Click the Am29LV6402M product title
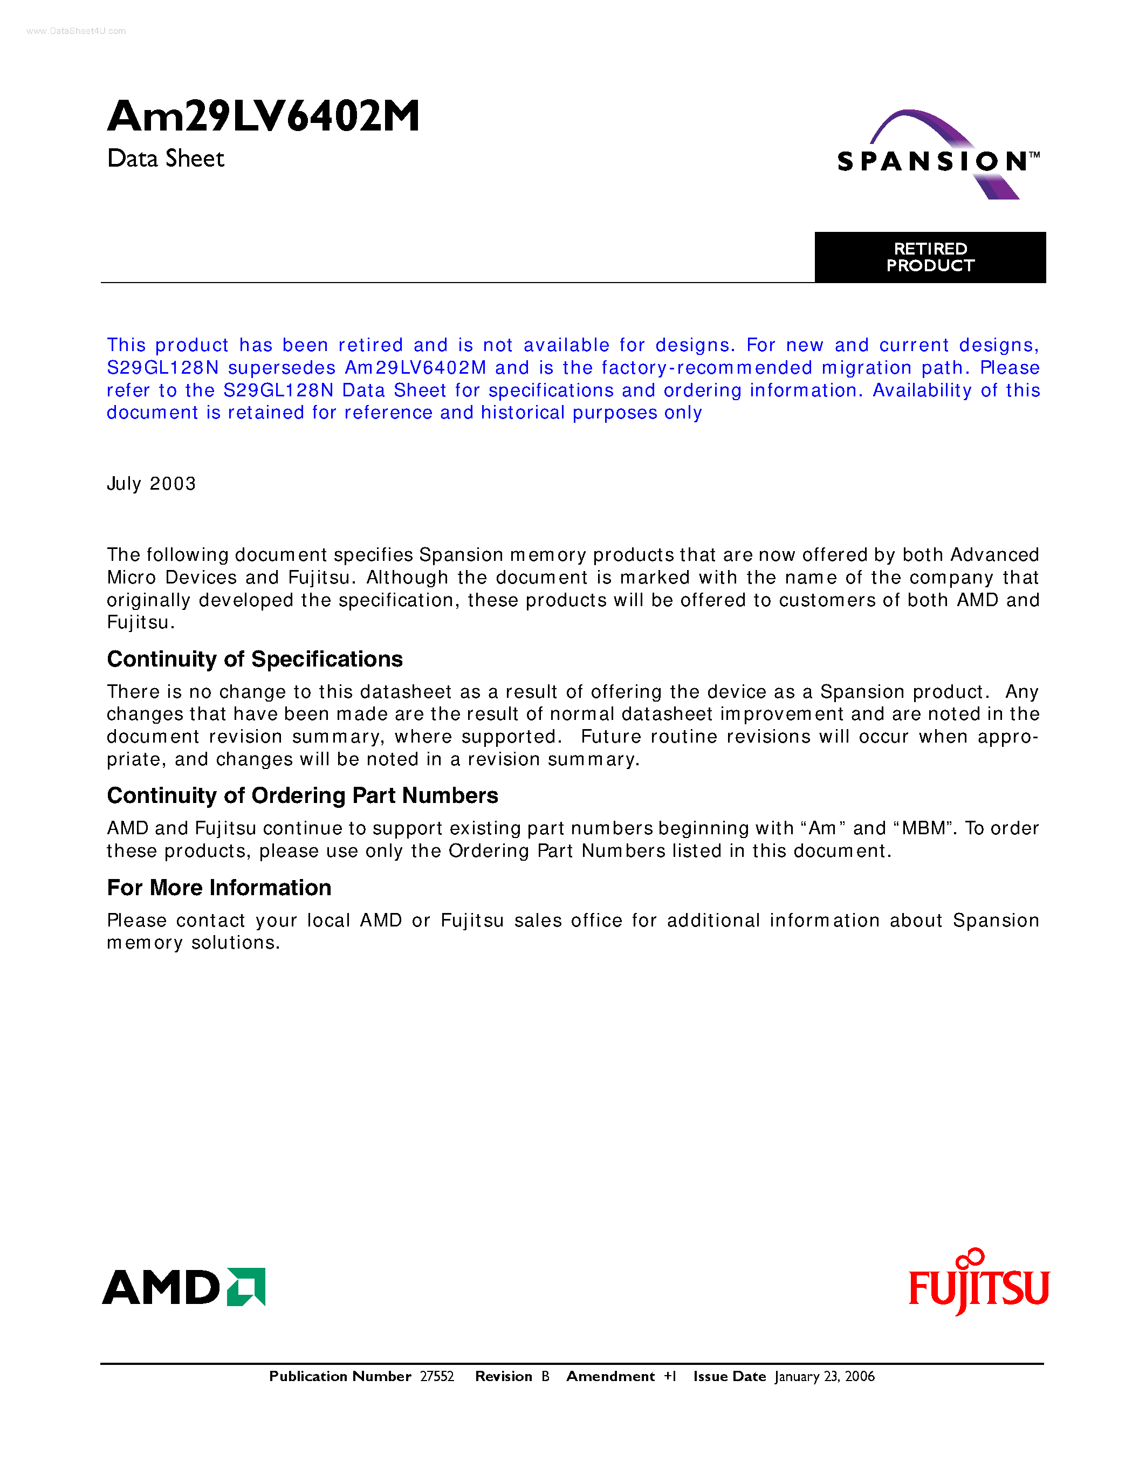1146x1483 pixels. [263, 116]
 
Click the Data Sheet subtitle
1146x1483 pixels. [166, 159]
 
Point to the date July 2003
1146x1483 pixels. [152, 484]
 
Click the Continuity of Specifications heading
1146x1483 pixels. [255, 660]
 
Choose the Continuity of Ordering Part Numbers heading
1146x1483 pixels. [302, 796]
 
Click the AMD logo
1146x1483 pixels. [183, 1287]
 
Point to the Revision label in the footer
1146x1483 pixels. [503, 1376]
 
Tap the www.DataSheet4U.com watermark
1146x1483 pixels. [76, 31]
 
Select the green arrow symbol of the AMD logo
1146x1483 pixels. [246, 1287]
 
